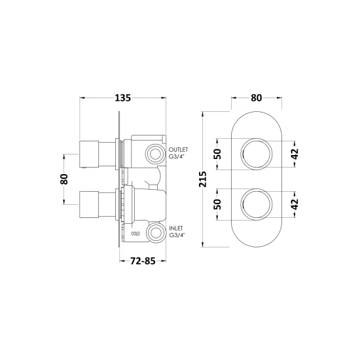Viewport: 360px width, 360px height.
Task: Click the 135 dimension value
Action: click(122, 98)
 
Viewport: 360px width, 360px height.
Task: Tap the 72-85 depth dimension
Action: click(143, 261)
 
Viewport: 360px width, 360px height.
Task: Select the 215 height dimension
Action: click(203, 179)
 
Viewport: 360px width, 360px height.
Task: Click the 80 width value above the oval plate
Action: click(256, 98)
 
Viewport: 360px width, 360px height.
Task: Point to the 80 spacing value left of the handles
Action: click(64, 179)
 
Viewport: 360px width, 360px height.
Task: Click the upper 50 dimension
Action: click(217, 154)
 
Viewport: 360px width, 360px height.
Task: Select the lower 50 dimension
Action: click(217, 204)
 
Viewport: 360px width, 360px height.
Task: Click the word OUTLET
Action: click(179, 150)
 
